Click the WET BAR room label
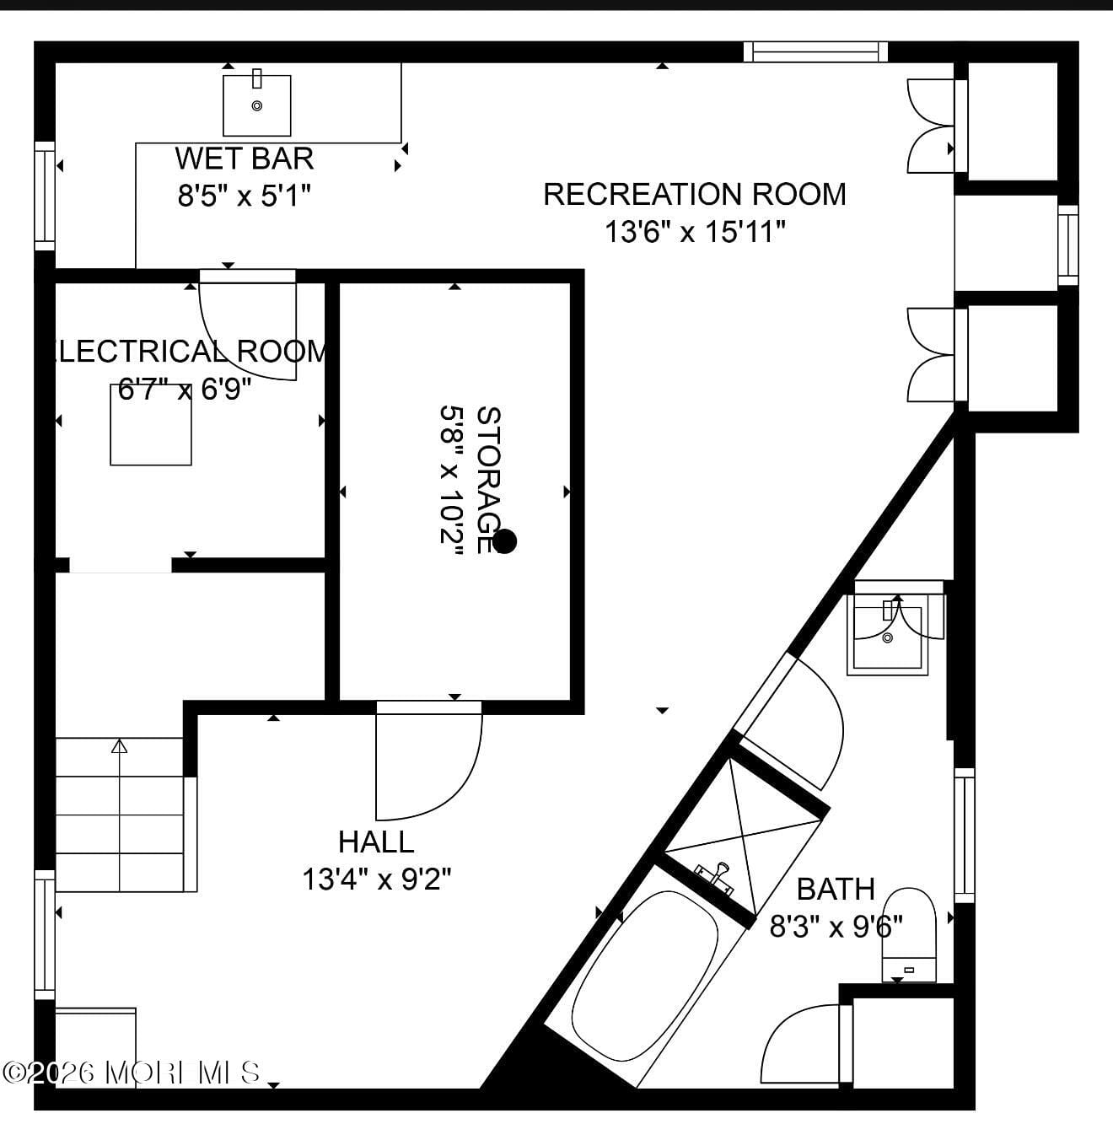click(245, 159)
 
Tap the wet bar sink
click(257, 105)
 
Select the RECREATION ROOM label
click(694, 194)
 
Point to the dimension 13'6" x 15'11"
click(695, 231)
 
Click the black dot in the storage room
click(504, 541)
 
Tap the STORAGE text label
click(489, 480)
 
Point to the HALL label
click(376, 842)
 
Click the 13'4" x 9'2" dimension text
click(377, 879)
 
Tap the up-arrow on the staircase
click(119, 746)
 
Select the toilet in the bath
click(909, 932)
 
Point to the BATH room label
click(836, 889)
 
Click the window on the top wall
click(815, 51)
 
